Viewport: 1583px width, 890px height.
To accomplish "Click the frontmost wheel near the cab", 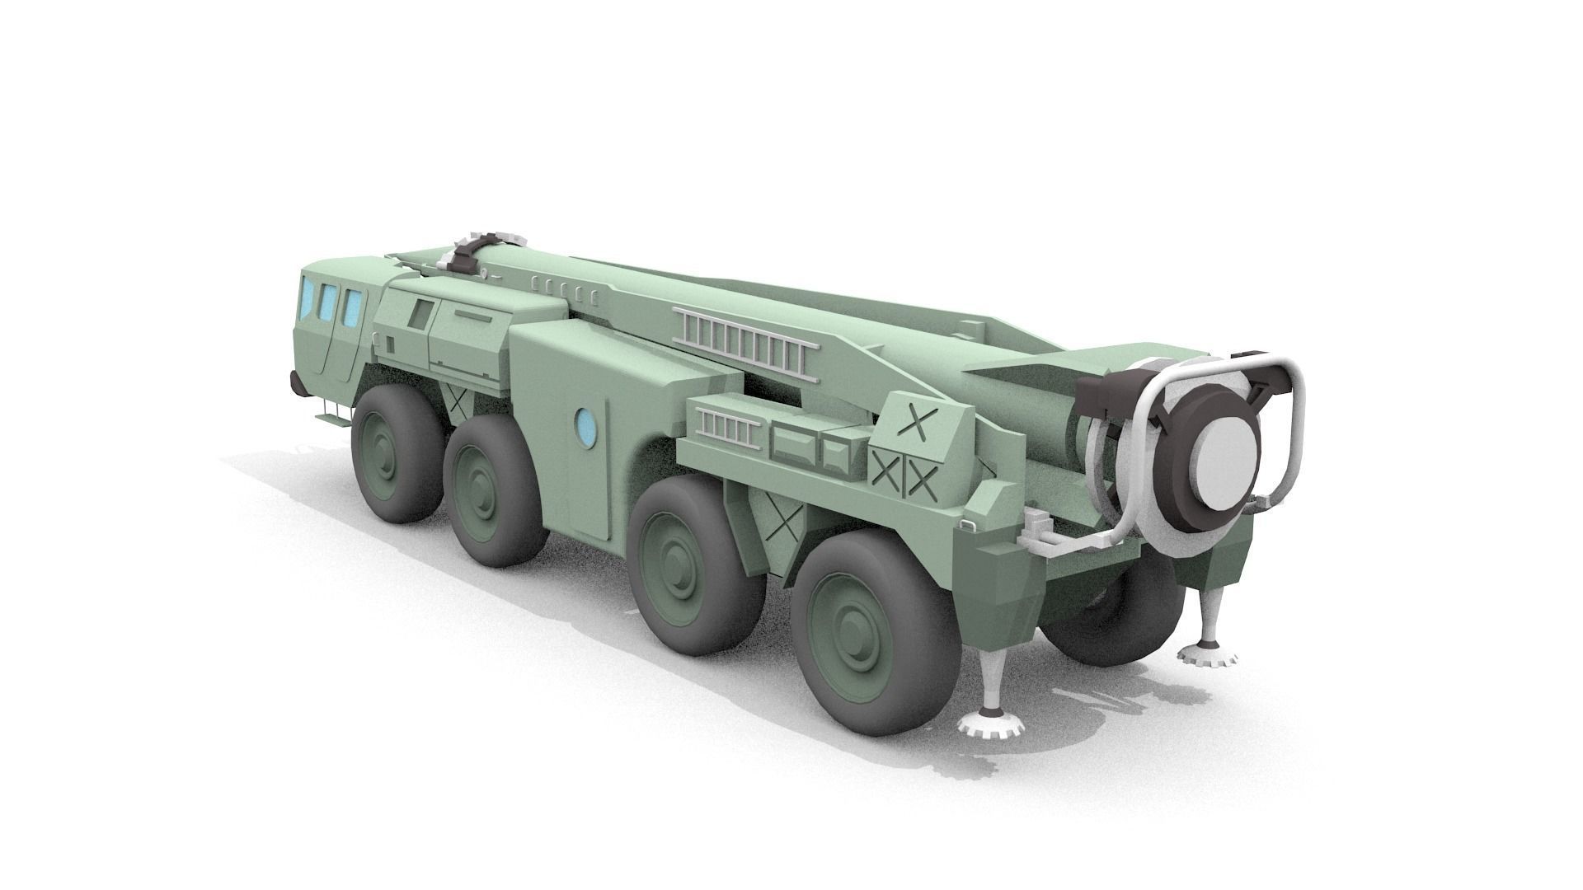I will (394, 455).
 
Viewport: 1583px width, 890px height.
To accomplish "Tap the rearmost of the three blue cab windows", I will (353, 307).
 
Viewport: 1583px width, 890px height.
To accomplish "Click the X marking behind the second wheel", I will (457, 401).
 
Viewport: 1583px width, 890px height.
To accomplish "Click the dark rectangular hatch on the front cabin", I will (422, 314).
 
